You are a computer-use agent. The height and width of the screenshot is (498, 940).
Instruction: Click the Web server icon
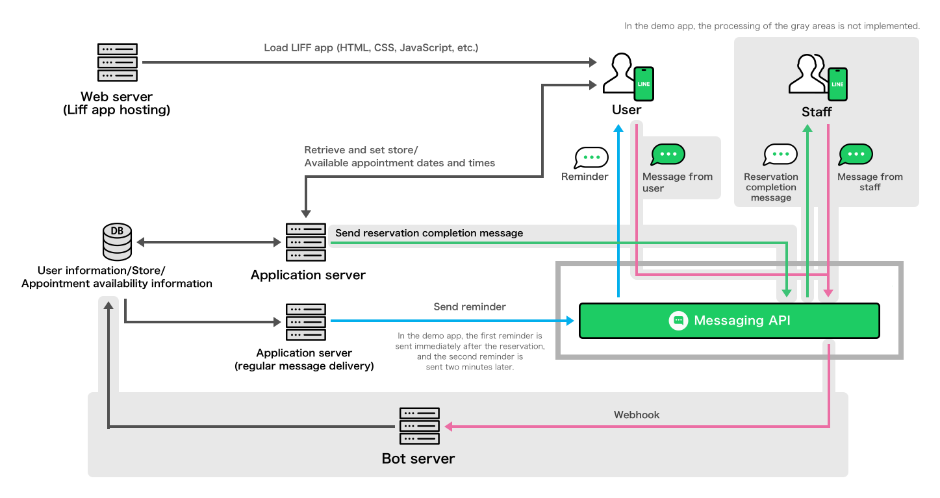click(x=118, y=62)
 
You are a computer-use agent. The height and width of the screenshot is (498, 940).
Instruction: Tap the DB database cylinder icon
click(x=118, y=242)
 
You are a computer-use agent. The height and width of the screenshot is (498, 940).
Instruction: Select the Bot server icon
click(x=420, y=427)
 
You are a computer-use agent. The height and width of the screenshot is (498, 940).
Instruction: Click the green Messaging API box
click(x=729, y=321)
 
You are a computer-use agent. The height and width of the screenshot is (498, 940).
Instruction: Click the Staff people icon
click(x=809, y=76)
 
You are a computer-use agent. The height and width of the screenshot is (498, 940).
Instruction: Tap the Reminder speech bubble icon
click(x=591, y=158)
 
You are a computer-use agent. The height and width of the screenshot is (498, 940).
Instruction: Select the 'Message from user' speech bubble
click(x=668, y=155)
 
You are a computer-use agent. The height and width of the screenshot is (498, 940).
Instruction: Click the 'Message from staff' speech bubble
click(x=856, y=155)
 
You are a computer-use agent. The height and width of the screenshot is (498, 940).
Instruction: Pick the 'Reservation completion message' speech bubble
click(x=780, y=155)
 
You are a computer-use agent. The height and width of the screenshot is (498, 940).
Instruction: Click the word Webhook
click(x=637, y=414)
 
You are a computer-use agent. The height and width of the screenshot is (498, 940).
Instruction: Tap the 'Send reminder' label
click(x=469, y=306)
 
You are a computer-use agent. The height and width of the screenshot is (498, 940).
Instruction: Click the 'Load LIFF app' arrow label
click(x=371, y=48)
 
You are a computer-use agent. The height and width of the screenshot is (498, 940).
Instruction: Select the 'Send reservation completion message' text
click(x=429, y=233)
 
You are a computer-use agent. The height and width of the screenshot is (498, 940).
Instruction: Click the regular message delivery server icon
click(x=306, y=322)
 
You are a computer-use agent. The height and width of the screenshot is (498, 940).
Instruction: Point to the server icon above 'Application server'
click(x=306, y=242)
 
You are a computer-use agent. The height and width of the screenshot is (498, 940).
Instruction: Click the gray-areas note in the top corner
click(x=772, y=26)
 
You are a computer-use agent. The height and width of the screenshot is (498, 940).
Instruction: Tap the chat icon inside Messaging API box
click(x=678, y=321)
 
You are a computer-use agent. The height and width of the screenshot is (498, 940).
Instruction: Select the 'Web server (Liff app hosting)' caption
click(x=117, y=104)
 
